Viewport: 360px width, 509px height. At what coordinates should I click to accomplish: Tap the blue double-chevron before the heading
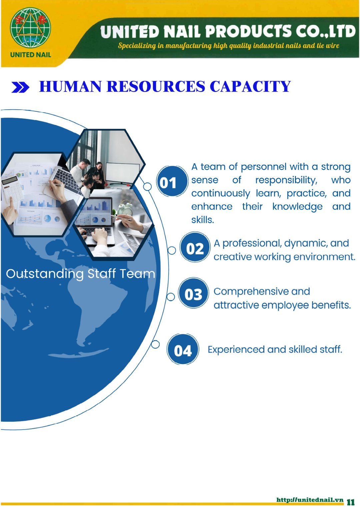point(20,87)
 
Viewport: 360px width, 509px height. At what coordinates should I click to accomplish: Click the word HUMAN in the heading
point(70,87)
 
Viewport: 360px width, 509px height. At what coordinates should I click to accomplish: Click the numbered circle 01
point(172,181)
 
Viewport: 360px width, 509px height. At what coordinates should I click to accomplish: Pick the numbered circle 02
point(195,247)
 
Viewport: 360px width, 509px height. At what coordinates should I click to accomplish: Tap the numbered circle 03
point(193,293)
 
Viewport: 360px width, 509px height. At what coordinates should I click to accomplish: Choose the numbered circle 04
point(183,349)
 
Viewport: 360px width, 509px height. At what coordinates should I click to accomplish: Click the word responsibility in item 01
point(286,180)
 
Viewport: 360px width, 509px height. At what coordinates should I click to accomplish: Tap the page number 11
point(351,502)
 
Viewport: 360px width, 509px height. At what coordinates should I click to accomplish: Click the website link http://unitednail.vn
point(310,500)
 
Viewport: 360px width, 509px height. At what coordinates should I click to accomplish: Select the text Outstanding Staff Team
point(80,274)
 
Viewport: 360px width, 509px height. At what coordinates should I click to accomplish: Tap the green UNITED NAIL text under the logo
point(30,55)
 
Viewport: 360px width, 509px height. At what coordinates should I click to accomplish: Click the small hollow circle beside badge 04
point(155,345)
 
